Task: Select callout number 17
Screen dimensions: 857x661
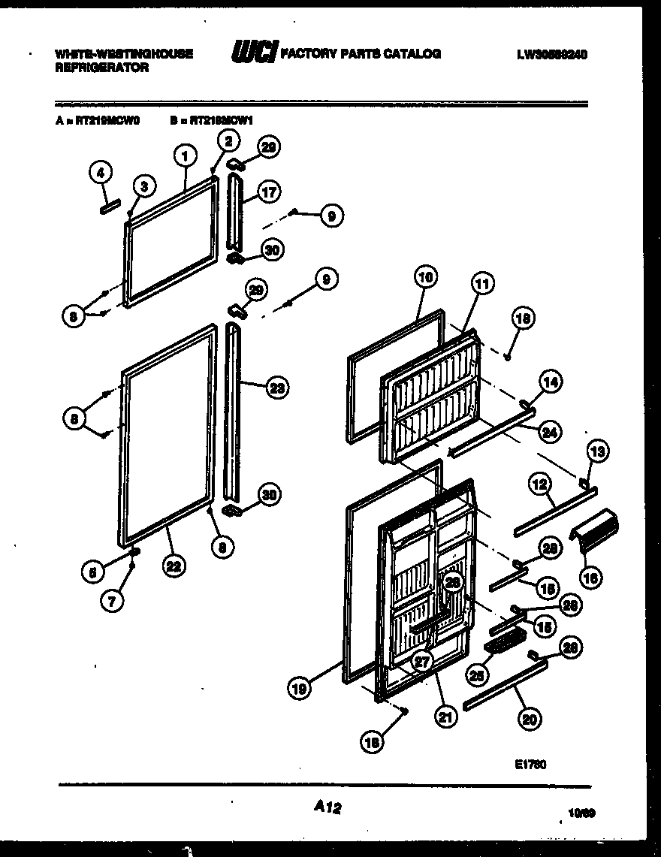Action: tap(268, 192)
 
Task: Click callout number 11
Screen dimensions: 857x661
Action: tap(481, 283)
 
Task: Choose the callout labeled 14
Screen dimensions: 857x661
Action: tap(551, 382)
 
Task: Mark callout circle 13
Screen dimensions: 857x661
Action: tap(598, 451)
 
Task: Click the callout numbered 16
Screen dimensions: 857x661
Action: tap(591, 578)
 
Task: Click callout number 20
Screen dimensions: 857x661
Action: tap(530, 718)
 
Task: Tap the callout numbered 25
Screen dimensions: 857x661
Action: tap(475, 674)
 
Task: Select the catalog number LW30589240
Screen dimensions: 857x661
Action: tap(552, 54)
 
